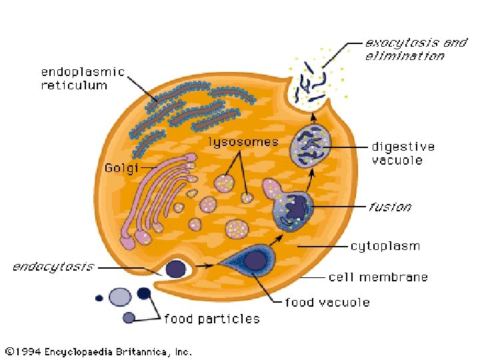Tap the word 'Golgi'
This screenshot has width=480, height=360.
121,168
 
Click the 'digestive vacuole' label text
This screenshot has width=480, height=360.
403,153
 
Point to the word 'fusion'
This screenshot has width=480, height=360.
390,207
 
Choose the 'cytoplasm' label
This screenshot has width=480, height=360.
385,246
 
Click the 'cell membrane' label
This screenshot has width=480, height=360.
378,277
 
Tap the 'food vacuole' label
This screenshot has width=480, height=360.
327,303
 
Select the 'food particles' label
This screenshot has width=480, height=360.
212,319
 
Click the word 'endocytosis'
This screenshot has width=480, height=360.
53,267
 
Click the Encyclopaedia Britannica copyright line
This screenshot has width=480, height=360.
99,351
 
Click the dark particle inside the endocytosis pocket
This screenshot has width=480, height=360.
176,269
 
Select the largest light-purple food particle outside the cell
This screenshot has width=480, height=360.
120,297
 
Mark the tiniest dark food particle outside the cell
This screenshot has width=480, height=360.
99,298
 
